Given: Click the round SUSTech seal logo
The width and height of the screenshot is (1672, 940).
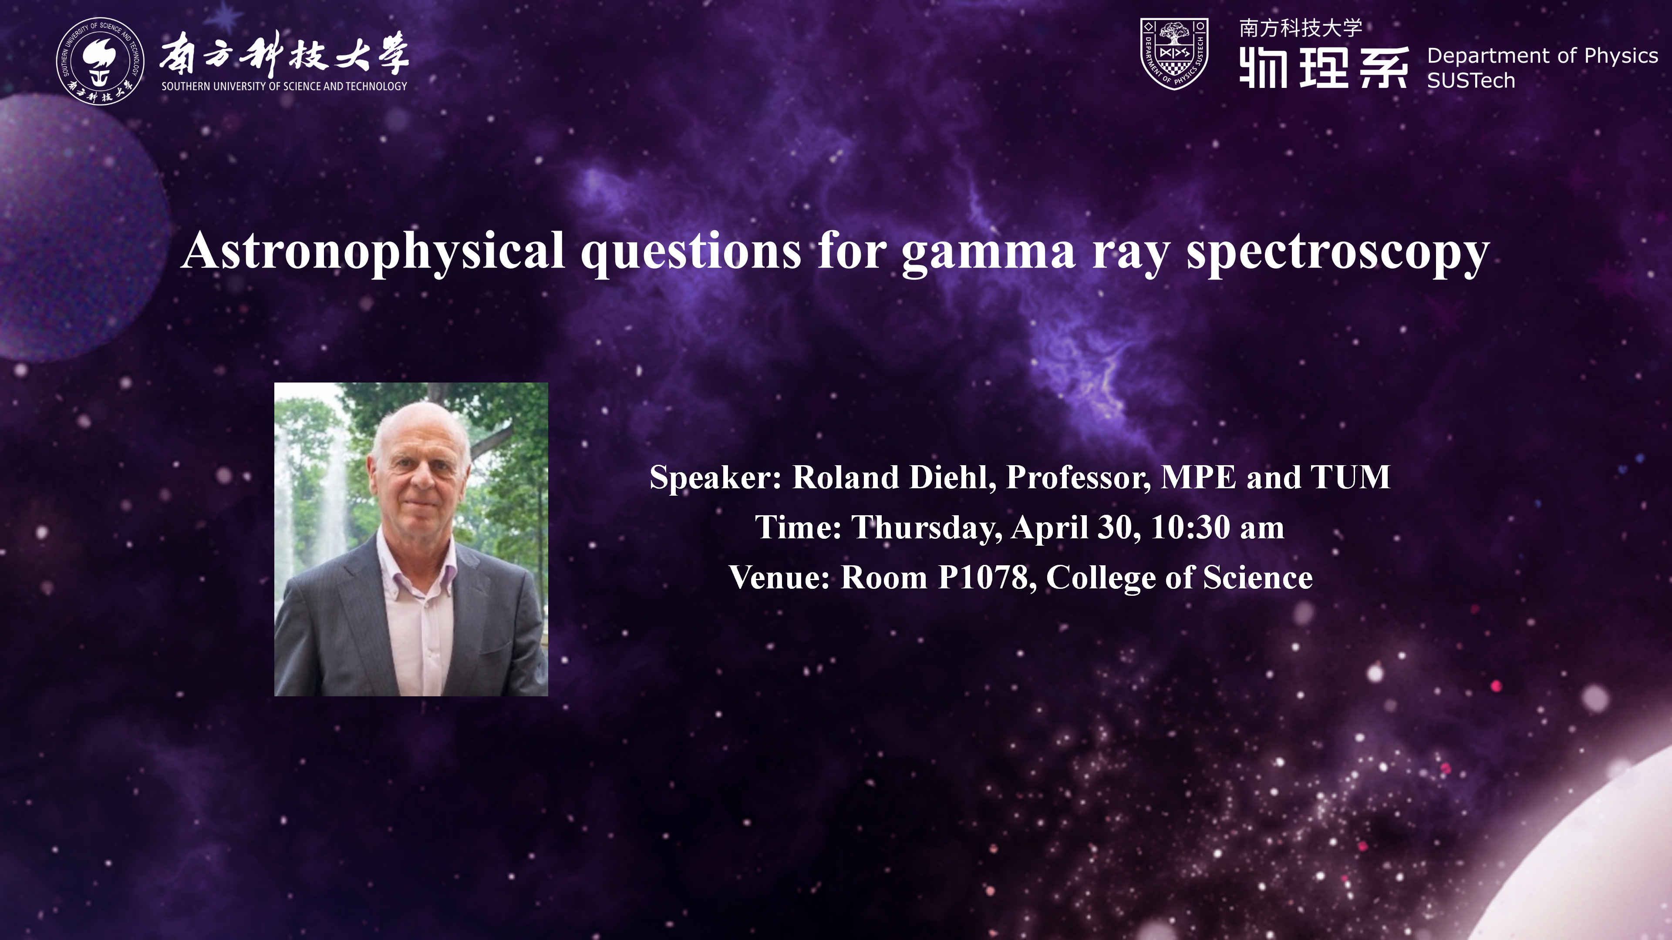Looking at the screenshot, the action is pos(100,61).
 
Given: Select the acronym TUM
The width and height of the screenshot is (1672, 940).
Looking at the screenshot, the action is pos(1351,477).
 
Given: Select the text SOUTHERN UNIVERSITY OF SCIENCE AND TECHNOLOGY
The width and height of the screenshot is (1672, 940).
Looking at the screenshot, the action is pos(284,86).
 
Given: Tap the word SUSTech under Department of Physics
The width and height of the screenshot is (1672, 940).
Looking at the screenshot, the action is pos(1471,81).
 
